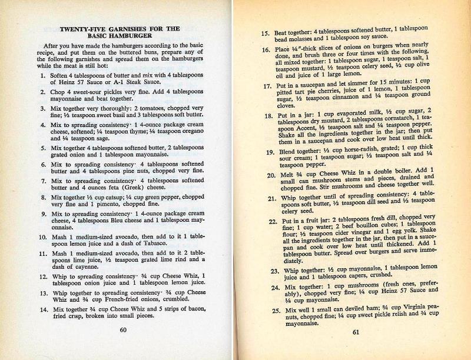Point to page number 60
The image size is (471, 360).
(x=123, y=330)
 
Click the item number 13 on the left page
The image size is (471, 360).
(x=42, y=292)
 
